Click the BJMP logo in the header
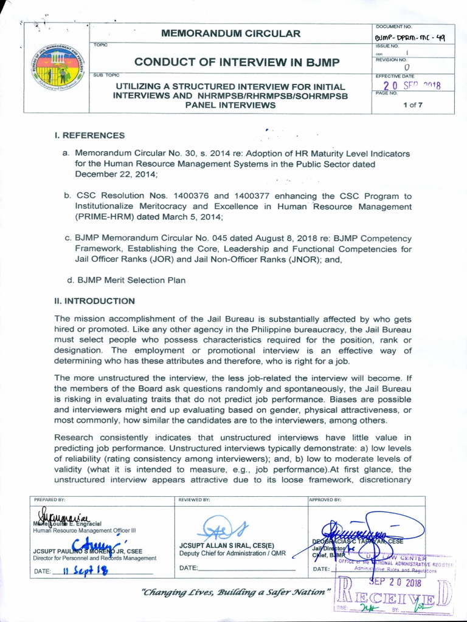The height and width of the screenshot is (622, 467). (x=58, y=68)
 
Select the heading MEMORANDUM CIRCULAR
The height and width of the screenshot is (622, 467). (x=230, y=33)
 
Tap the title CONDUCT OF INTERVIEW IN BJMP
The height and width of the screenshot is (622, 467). (x=238, y=62)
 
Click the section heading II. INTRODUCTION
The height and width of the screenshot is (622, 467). (x=94, y=301)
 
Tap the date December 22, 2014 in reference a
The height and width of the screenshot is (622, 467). (x=116, y=174)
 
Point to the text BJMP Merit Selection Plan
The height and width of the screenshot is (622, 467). (x=130, y=280)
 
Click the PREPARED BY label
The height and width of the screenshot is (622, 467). (x=48, y=500)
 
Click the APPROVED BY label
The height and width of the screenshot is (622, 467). (x=325, y=500)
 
